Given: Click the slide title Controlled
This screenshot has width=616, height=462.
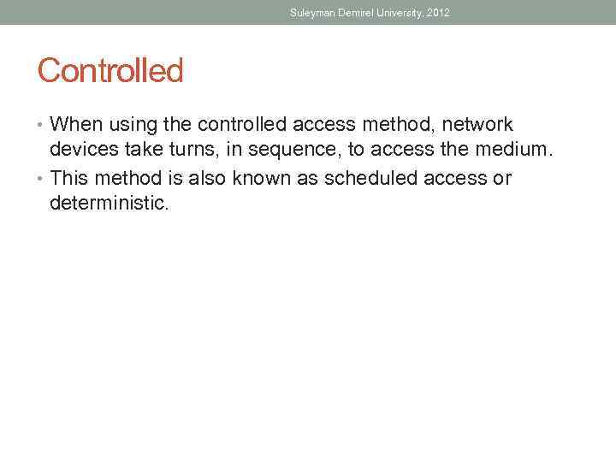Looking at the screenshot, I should (110, 70).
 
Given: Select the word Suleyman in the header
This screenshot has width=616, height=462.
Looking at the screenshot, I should (311, 13).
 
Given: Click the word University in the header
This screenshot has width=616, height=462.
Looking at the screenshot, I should (396, 13).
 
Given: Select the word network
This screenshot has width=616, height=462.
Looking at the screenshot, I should (477, 125).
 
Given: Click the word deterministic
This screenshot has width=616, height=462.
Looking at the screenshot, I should (108, 204).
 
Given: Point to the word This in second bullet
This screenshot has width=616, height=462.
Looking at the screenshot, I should (69, 178).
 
